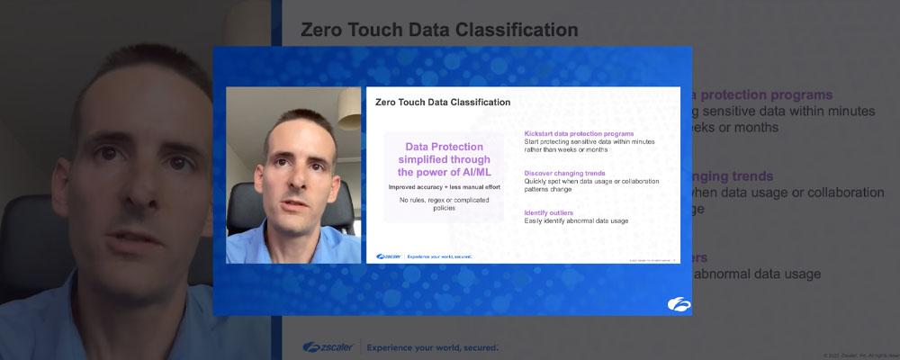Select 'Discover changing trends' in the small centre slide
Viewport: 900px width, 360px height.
click(x=564, y=173)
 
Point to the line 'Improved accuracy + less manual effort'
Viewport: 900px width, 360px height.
click(x=444, y=186)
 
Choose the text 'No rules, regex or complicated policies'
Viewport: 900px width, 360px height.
click(x=443, y=203)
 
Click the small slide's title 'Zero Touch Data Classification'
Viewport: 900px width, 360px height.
click(x=442, y=103)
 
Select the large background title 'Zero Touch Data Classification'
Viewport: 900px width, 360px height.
click(x=438, y=30)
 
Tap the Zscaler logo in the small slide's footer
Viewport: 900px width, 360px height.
click(x=389, y=256)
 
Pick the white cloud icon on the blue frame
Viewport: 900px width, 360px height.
click(x=679, y=304)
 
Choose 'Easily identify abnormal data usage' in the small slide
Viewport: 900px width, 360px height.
click(x=576, y=221)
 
